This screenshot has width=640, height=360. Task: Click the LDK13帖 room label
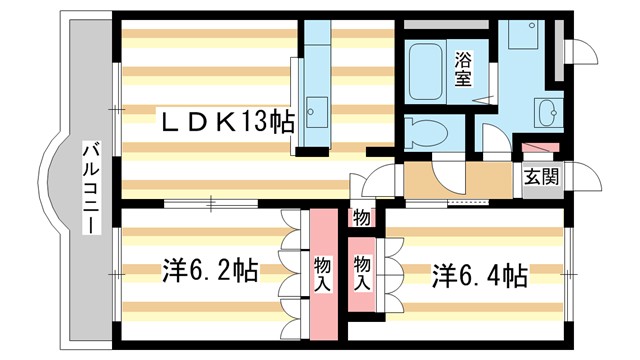pos(228,122)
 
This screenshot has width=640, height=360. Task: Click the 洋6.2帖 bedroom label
pos(210,271)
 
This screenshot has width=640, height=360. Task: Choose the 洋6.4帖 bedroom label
pos(479,273)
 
